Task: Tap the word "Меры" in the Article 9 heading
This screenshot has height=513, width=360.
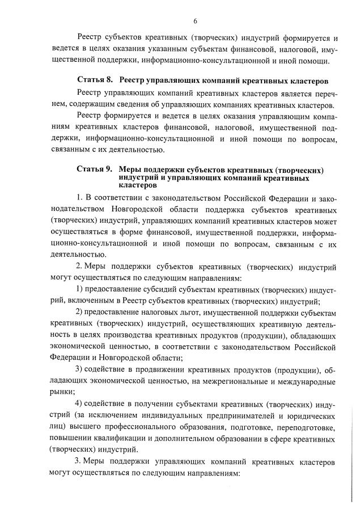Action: [x=130, y=170]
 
